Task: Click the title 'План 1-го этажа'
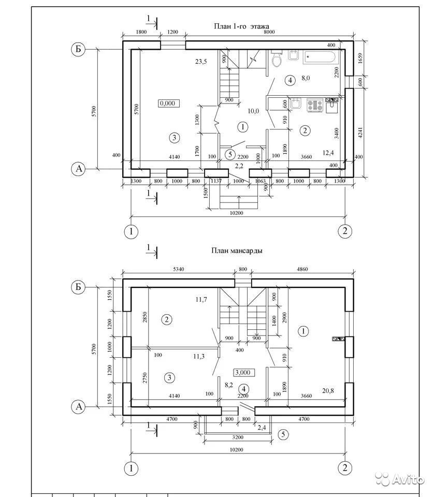tap(241, 26)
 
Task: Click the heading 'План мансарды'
tap(236, 251)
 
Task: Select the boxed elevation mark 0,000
tap(168, 103)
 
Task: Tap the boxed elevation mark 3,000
tap(243, 372)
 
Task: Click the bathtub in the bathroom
tap(320, 56)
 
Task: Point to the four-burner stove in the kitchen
tap(315, 105)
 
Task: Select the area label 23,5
tap(201, 62)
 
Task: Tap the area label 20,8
tap(327, 390)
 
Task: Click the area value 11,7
tap(201, 300)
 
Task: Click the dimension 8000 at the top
tap(269, 32)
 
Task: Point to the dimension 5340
tap(176, 269)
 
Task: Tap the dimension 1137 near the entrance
tap(216, 181)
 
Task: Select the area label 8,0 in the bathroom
tap(305, 79)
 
